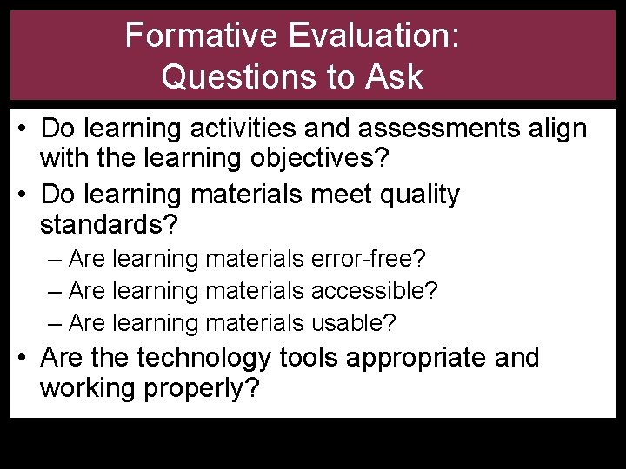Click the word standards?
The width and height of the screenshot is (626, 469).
109,226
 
